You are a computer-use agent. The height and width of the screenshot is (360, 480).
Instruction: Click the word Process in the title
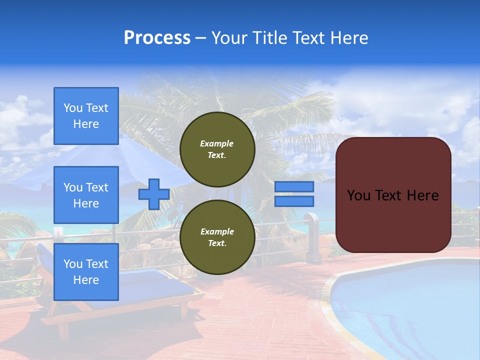tap(157, 38)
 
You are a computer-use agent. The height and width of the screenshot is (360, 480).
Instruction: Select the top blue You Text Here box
tap(86, 116)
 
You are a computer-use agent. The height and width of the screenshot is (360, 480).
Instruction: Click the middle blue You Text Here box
tap(86, 195)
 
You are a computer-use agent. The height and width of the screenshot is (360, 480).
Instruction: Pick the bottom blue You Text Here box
tap(86, 272)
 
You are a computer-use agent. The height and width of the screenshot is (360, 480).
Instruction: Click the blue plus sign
tap(154, 194)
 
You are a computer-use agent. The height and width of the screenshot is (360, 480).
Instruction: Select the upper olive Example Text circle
tap(217, 149)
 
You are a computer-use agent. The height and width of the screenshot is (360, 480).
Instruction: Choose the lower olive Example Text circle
tap(217, 237)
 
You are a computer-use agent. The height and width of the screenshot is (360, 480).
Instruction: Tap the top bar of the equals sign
tap(294, 187)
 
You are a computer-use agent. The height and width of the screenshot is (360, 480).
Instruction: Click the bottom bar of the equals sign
tap(294, 201)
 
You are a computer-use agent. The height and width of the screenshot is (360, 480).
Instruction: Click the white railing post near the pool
tap(313, 240)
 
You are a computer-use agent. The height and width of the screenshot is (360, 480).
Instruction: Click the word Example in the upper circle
tap(216, 143)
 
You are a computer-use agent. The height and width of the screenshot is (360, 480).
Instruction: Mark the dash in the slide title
tap(200, 38)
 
